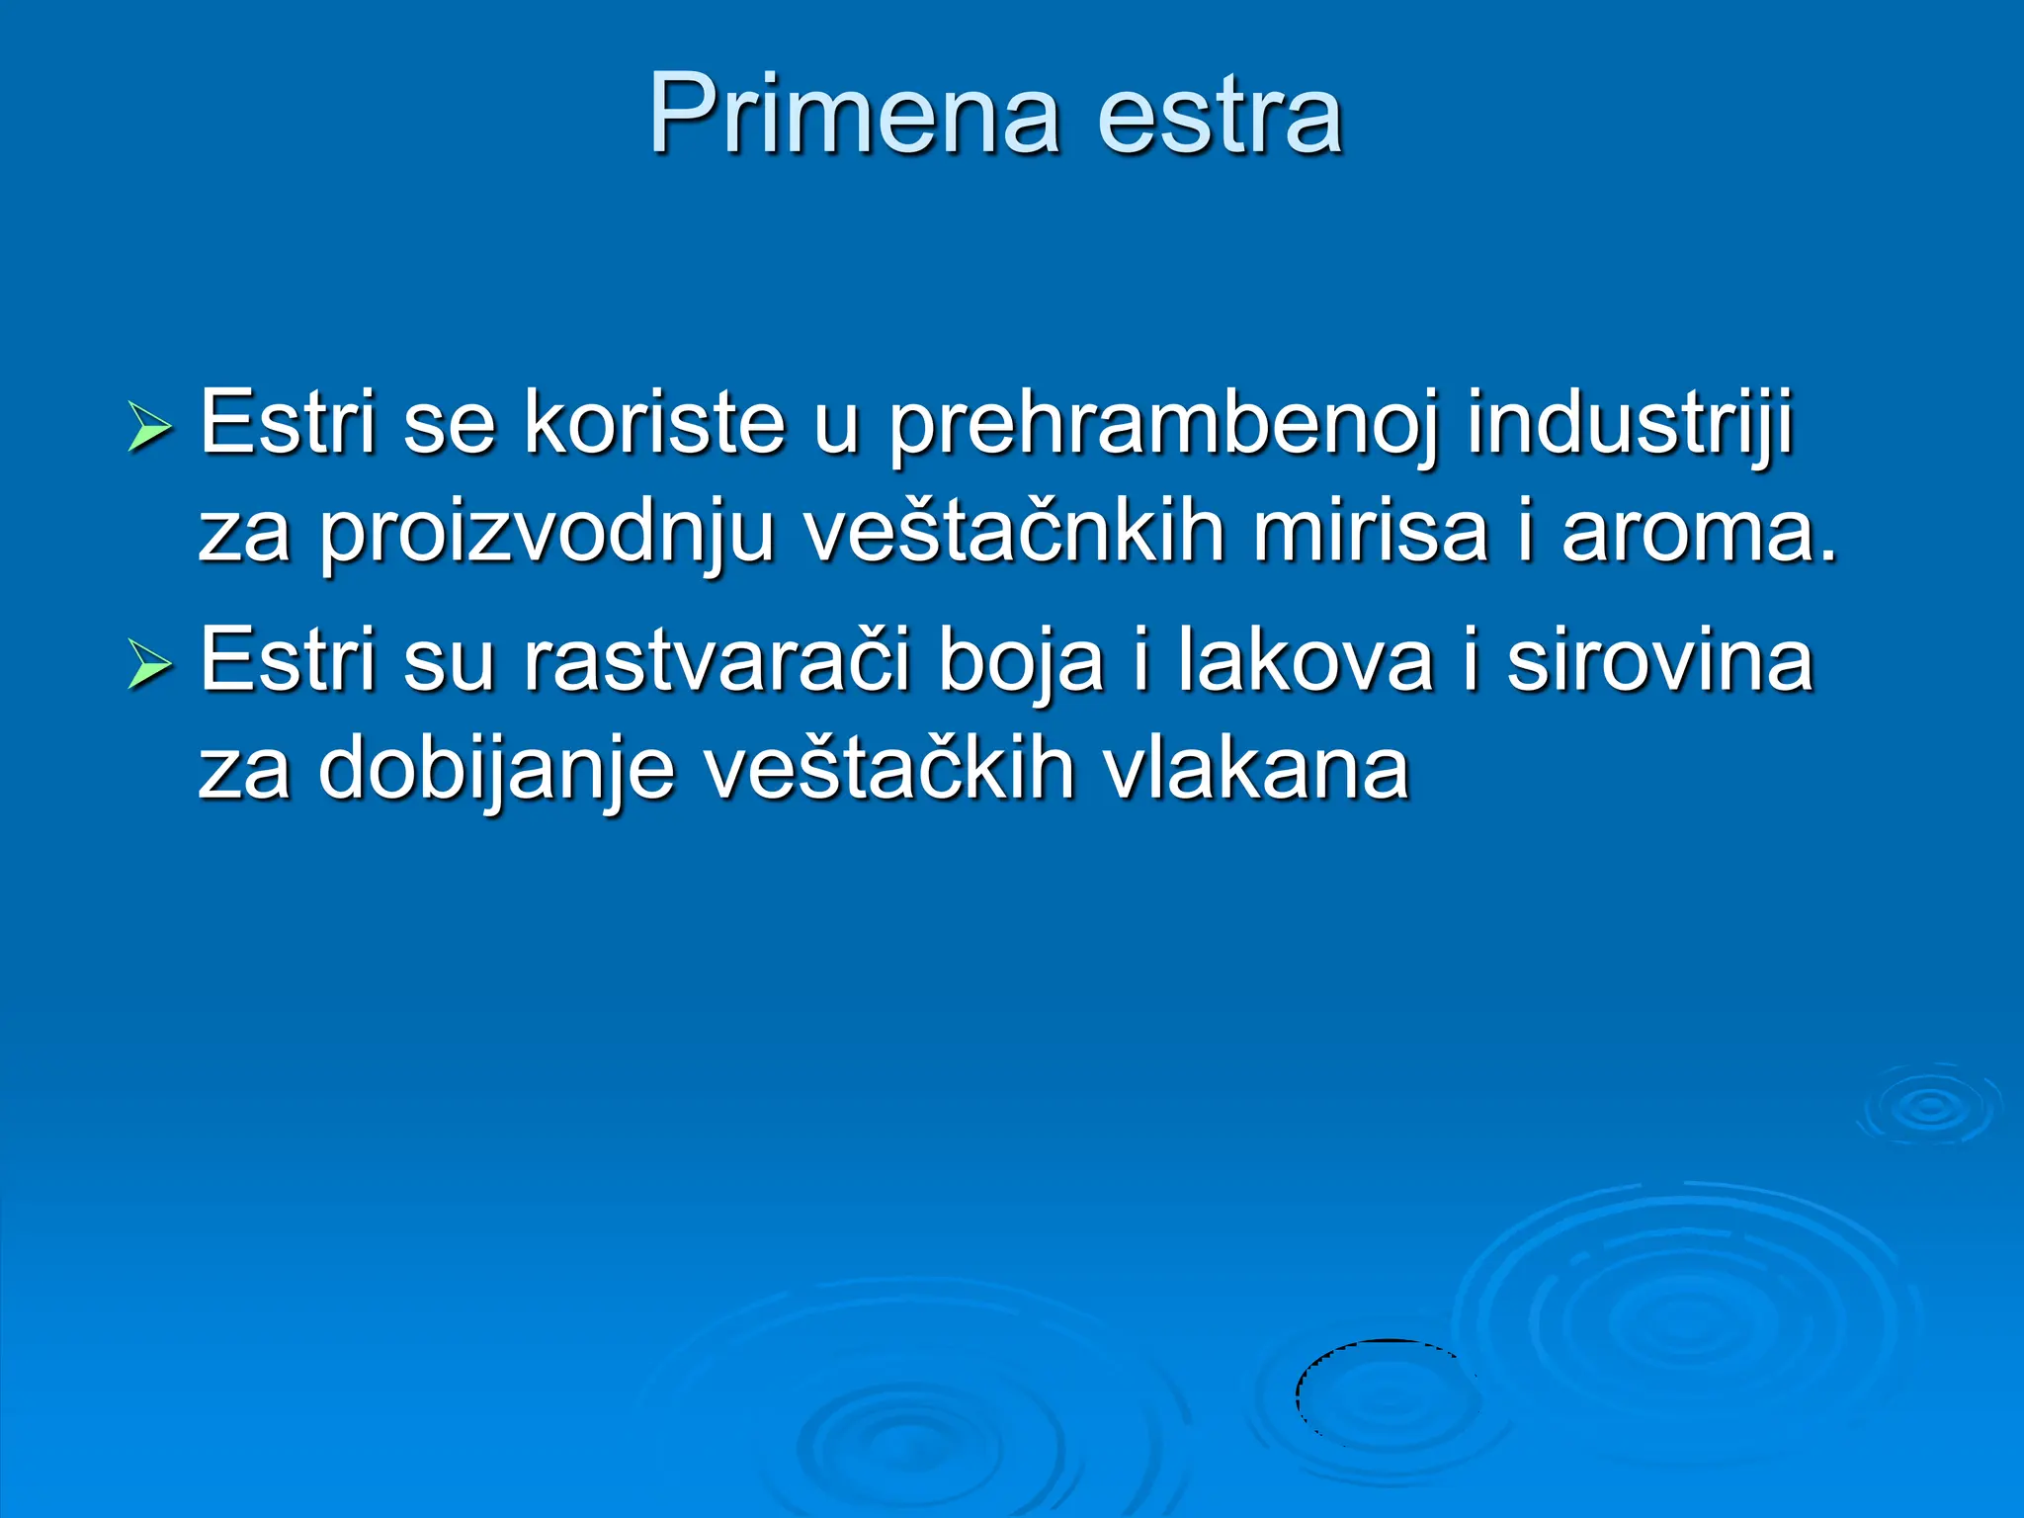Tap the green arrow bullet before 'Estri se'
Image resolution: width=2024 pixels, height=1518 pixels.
click(x=149, y=429)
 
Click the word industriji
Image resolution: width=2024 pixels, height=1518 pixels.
click(x=1630, y=425)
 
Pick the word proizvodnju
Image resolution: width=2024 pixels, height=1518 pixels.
click(x=547, y=534)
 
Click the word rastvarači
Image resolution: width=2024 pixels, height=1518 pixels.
click(x=717, y=660)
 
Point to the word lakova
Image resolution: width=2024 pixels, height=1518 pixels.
click(x=1305, y=660)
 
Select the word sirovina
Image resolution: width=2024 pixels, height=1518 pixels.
click(x=1660, y=660)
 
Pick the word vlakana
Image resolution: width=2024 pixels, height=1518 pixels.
click(x=1255, y=768)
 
